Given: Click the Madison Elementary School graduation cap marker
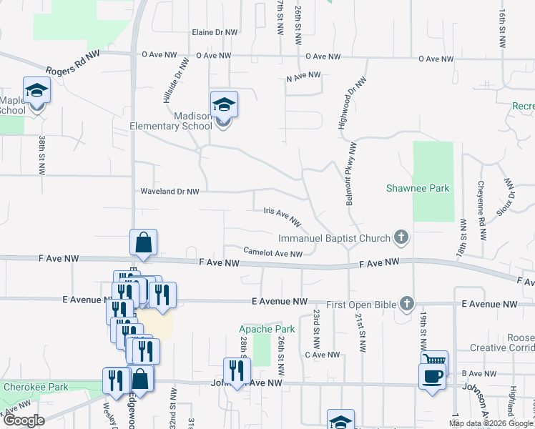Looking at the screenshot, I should (224, 106).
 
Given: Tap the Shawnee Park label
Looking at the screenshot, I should (428, 188).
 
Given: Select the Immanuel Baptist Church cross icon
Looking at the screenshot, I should (402, 237).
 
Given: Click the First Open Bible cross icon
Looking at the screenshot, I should (407, 305).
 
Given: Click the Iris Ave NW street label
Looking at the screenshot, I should (282, 216).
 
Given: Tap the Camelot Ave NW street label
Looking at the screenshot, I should (273, 252).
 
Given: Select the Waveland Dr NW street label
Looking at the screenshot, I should (170, 192).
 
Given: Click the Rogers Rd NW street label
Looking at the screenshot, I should (72, 64).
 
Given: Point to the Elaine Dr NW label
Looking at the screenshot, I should (215, 33).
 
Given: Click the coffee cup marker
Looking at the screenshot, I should (432, 377).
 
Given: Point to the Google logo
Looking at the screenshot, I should (23, 420).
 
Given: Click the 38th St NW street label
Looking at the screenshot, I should (43, 155).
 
